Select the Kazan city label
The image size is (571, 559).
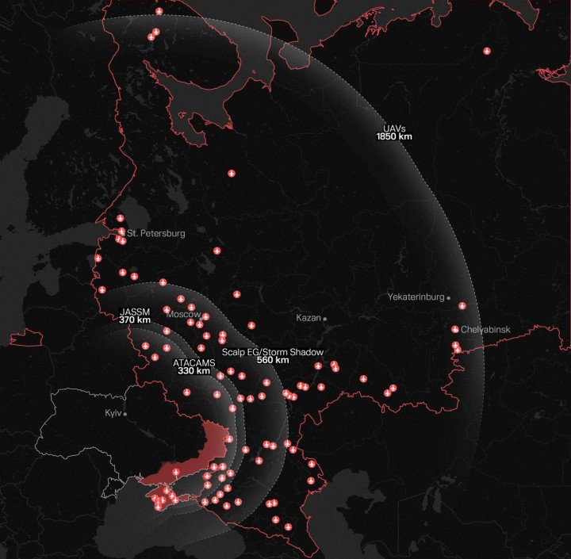point(308,318)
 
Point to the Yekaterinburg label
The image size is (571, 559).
point(416,297)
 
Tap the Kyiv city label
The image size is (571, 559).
point(113,414)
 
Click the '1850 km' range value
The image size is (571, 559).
point(394,137)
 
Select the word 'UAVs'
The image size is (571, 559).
point(394,128)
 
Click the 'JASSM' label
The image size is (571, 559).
point(135,312)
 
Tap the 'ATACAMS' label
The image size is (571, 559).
point(194,362)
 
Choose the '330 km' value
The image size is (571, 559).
point(194,371)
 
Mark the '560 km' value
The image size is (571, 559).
point(273,360)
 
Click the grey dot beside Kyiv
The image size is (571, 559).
point(125,414)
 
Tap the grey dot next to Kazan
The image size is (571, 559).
point(325,318)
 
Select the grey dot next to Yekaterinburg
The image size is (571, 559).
point(449,297)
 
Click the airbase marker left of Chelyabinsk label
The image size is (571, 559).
point(455,329)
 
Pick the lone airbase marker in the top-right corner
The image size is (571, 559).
point(487,52)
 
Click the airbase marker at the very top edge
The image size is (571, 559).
point(159,11)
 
